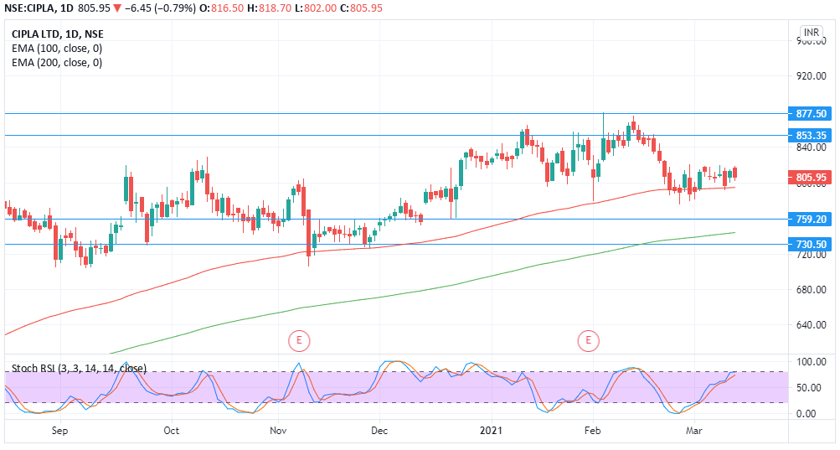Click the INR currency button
[811, 34]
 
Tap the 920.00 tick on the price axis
[811, 76]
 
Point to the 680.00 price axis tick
[811, 290]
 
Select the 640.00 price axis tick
[811, 325]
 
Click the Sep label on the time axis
[59, 431]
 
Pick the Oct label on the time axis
[171, 431]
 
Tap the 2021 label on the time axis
[491, 431]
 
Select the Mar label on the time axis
[693, 431]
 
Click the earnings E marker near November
[298, 340]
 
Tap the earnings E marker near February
[589, 340]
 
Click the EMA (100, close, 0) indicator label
[57, 49]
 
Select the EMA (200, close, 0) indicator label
[57, 63]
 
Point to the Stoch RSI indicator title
[79, 368]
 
